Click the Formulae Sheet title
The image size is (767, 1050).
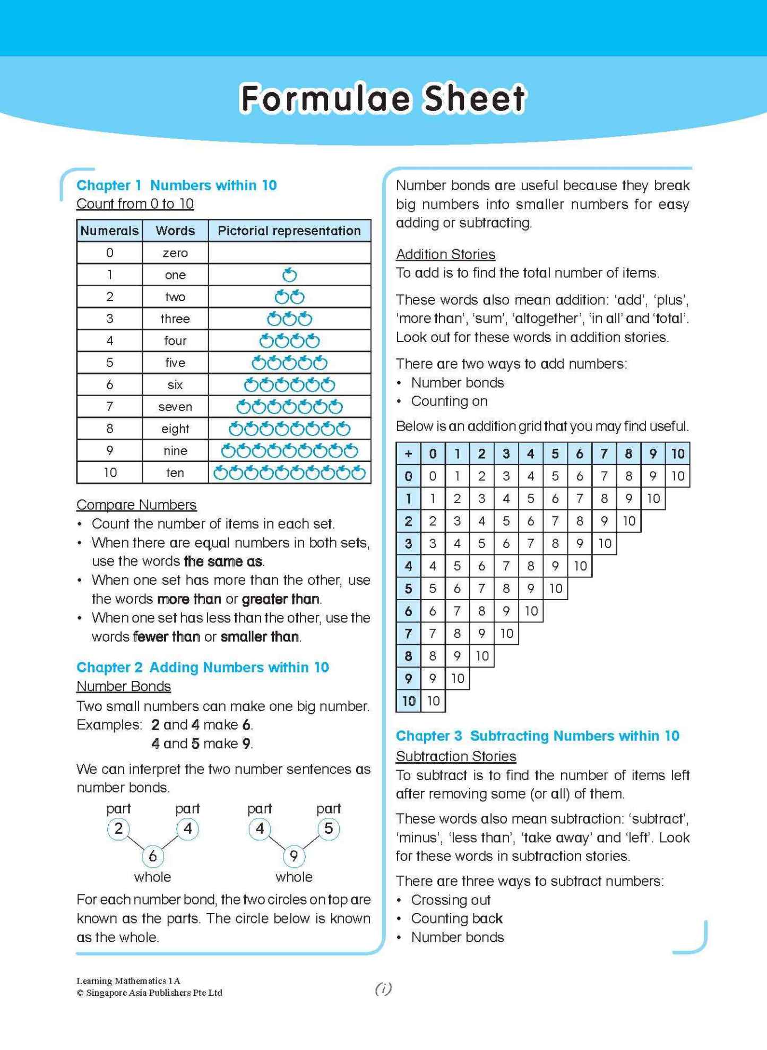coord(383,99)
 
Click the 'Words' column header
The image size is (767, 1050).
coord(175,231)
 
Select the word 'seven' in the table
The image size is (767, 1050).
coord(175,407)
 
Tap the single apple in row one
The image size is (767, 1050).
coord(289,275)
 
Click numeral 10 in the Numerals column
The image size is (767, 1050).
coord(110,473)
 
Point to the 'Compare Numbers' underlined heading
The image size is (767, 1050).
coord(136,505)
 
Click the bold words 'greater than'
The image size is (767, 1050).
coord(281,599)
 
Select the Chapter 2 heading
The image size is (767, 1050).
coord(202,667)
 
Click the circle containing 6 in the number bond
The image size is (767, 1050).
coord(153,856)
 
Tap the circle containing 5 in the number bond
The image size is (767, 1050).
coord(329,829)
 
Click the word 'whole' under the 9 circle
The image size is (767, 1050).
coord(294,877)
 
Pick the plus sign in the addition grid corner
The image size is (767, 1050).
coord(408,454)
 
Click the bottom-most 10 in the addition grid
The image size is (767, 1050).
coord(433,701)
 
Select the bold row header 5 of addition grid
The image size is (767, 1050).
coord(408,588)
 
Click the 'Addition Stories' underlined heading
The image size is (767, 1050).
coord(445,254)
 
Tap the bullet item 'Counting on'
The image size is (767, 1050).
coord(449,401)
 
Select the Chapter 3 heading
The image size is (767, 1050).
coord(537,736)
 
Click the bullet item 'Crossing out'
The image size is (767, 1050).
coord(451,900)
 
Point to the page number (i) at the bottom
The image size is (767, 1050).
coord(383,988)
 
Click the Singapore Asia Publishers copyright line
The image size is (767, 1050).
coord(149,993)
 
